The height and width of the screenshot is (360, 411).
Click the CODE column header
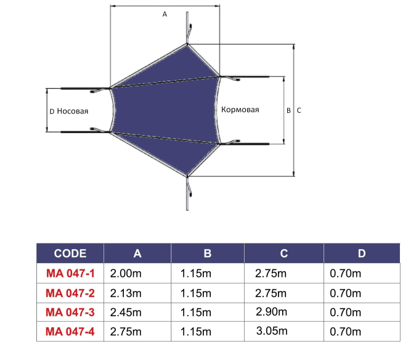(x=70, y=253)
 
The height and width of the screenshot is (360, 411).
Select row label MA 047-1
(x=70, y=273)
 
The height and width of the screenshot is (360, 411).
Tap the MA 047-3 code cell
(x=70, y=313)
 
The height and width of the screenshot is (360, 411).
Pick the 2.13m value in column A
(x=126, y=293)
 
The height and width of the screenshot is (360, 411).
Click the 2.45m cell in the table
(x=126, y=313)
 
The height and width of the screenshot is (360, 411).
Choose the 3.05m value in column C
(x=272, y=331)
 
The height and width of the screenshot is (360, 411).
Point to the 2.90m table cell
(x=271, y=312)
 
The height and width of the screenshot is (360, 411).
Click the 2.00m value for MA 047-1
(x=126, y=274)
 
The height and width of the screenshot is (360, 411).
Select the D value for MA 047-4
(x=345, y=332)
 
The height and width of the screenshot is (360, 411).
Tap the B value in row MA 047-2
(x=195, y=293)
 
